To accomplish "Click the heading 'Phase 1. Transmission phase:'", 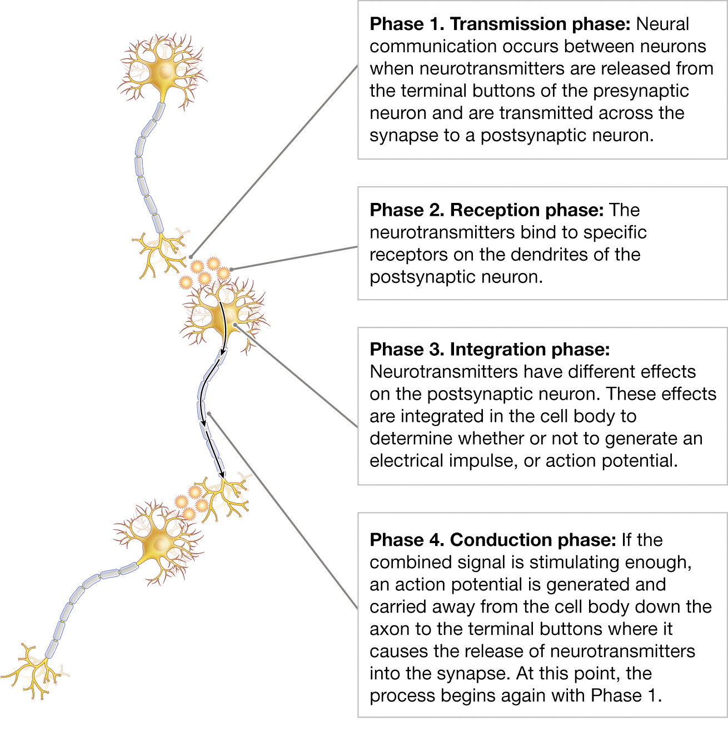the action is [x=500, y=24].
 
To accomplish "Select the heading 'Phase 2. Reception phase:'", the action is [x=487, y=210].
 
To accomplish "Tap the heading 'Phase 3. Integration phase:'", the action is [x=490, y=350].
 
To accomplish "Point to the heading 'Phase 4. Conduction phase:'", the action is [x=493, y=540].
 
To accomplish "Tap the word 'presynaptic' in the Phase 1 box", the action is [x=641, y=91].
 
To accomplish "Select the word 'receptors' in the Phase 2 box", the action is [x=408, y=255].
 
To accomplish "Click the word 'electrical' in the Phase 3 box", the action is [x=406, y=461].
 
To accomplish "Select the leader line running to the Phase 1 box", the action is [x=274, y=161].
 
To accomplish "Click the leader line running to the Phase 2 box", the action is [x=295, y=258].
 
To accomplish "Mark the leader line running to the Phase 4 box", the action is [x=283, y=511].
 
